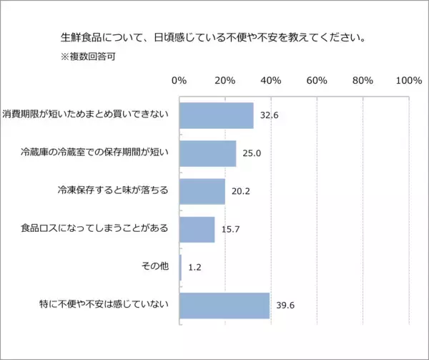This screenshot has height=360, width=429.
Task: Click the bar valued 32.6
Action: (217, 115)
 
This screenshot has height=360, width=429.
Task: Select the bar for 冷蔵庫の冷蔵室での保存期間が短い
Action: (207, 153)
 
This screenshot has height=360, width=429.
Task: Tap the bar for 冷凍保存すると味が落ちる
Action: (202, 191)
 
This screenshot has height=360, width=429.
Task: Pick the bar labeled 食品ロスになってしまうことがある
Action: (197, 229)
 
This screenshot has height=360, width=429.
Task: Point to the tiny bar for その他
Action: (181, 267)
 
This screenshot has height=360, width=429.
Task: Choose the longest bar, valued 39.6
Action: (225, 305)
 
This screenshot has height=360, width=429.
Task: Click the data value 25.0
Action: (252, 153)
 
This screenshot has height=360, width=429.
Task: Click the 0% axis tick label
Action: (179, 80)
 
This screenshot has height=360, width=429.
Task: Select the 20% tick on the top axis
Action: (225, 80)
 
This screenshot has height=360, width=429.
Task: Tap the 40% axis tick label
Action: (271, 80)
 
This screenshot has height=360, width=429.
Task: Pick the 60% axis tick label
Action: (317, 80)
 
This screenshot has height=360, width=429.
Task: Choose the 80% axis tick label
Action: (363, 80)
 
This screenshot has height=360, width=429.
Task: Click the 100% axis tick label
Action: (408, 80)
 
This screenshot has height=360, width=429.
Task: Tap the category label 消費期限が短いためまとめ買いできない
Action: (86, 115)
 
